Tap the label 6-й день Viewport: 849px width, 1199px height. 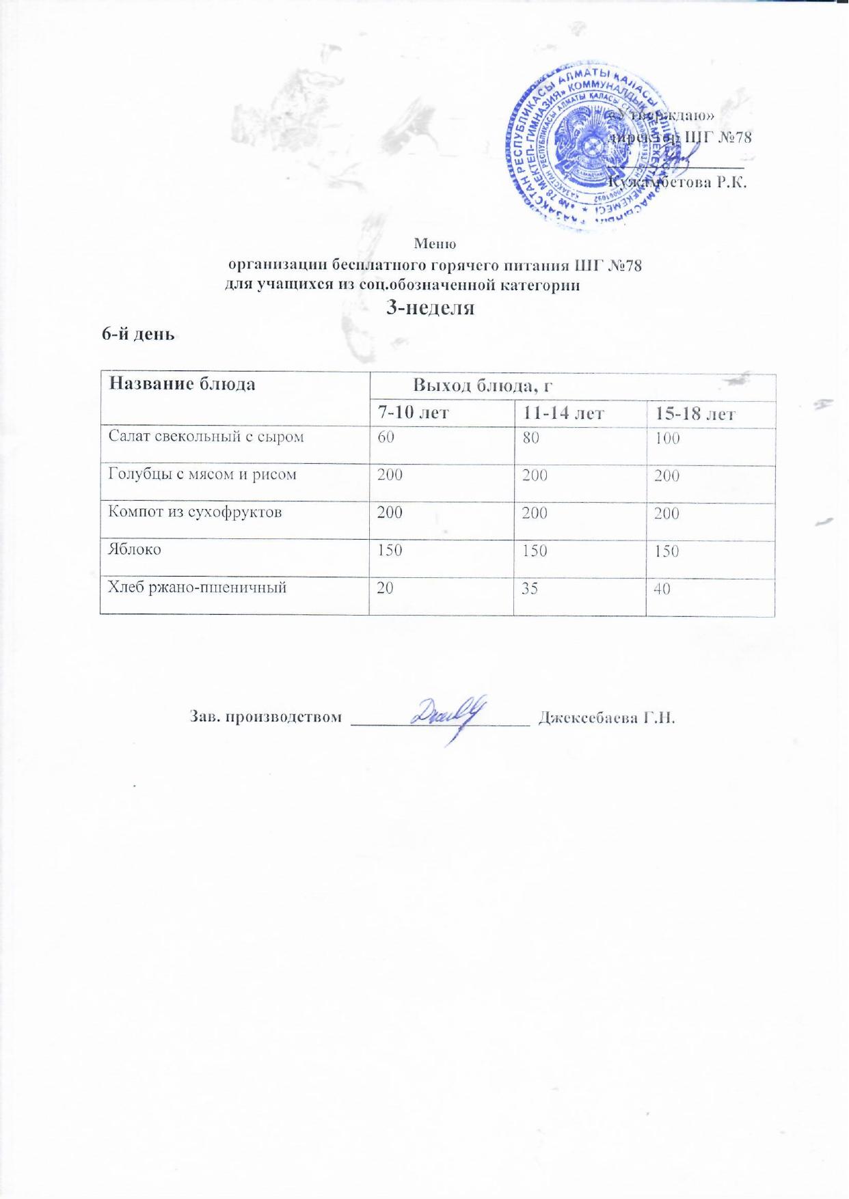coord(139,335)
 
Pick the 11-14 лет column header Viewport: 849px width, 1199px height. coord(564,414)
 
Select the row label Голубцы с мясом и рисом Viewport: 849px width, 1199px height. coord(202,474)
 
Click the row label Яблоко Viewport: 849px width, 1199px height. coord(135,549)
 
